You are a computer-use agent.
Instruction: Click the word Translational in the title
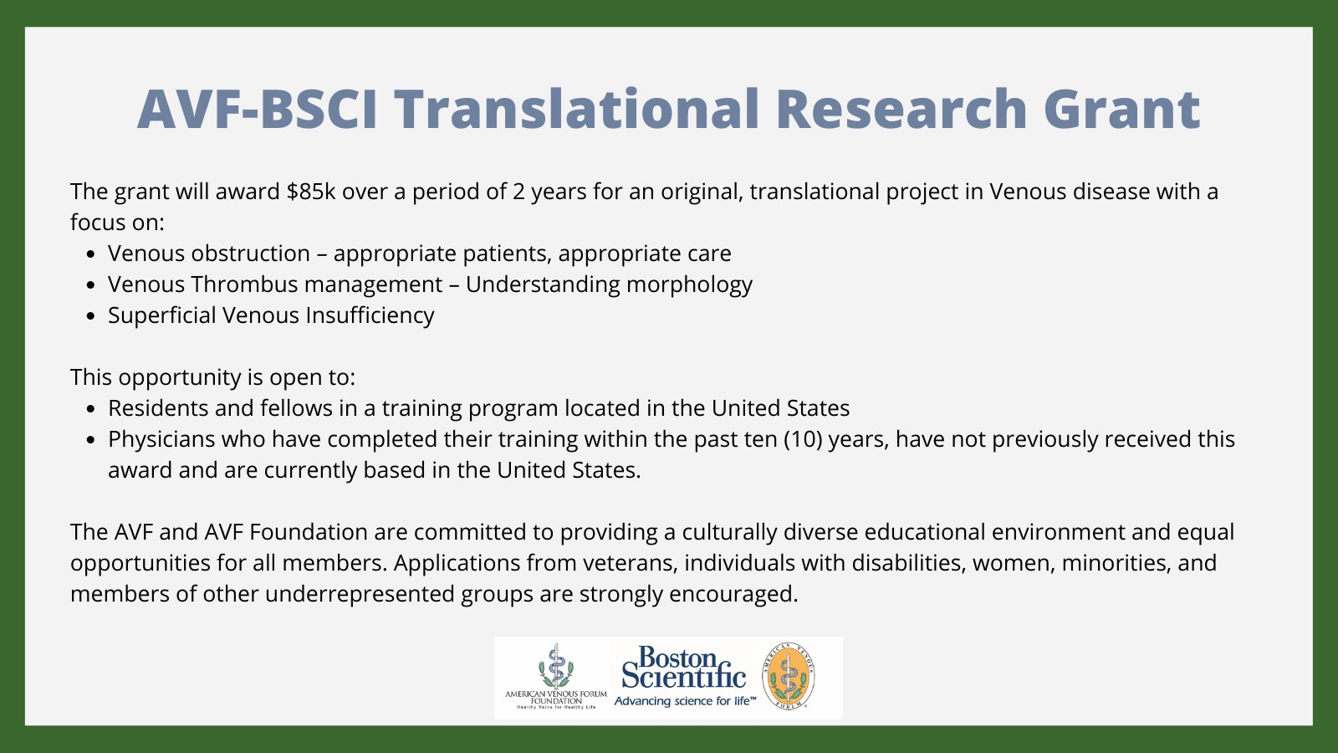pyautogui.click(x=577, y=110)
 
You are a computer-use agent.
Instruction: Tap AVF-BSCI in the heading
pyautogui.click(x=258, y=110)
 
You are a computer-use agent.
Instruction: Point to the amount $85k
pyautogui.click(x=310, y=192)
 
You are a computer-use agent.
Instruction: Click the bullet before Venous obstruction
pyautogui.click(x=91, y=254)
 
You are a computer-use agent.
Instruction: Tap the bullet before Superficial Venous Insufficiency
pyautogui.click(x=91, y=316)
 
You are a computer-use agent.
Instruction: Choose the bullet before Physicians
pyautogui.click(x=91, y=440)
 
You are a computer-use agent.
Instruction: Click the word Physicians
pyautogui.click(x=163, y=439)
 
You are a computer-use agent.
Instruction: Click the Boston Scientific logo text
pyautogui.click(x=683, y=668)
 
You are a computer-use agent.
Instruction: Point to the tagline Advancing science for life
pyautogui.click(x=684, y=701)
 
